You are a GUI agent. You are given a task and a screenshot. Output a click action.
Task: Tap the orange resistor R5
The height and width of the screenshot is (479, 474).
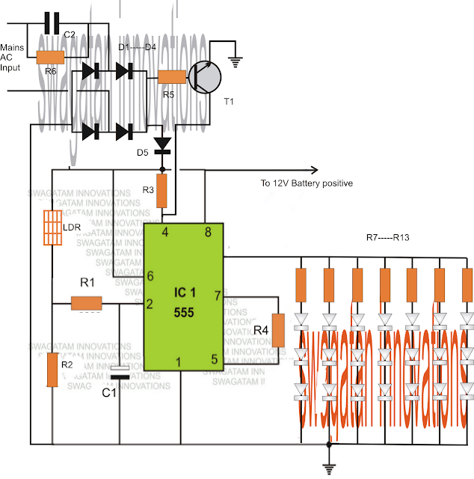172,77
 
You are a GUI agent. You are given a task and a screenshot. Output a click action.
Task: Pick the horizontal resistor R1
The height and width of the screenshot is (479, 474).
86,303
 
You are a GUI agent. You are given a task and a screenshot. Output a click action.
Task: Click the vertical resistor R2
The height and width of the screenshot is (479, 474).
52,370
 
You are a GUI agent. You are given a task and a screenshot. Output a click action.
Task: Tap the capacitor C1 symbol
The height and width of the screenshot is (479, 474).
119,373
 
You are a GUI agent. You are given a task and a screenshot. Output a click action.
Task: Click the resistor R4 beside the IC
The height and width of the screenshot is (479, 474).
277,331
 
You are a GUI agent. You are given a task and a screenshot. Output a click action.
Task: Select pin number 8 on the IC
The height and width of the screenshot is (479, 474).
207,232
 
